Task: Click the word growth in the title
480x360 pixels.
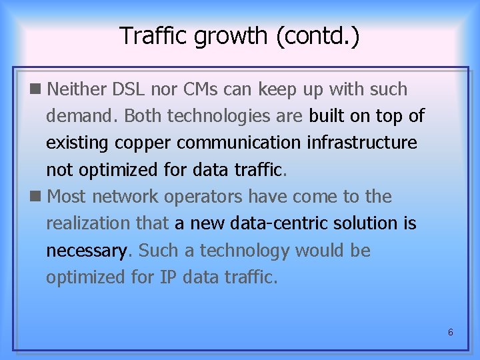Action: tap(231, 36)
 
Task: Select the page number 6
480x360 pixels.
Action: tap(451, 331)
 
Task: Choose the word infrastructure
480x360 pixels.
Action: tap(362, 143)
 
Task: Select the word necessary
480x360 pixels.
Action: tap(86, 251)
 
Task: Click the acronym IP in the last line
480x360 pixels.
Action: tap(168, 277)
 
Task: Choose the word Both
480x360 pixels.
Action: tap(143, 116)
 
